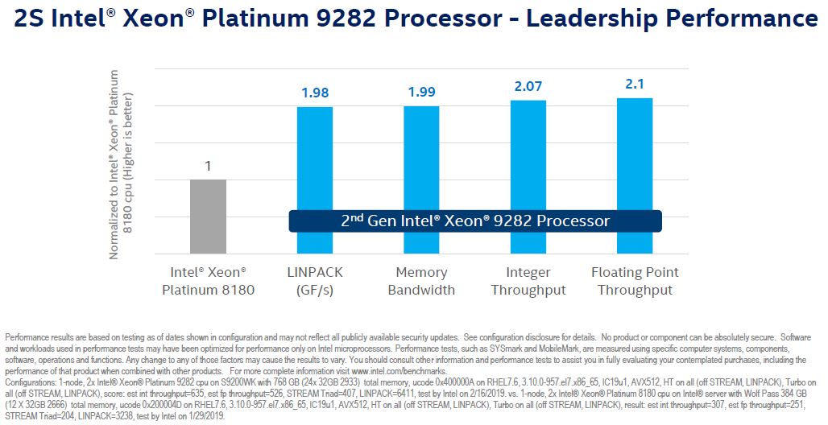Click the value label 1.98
pyautogui.click(x=315, y=93)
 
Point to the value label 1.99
pyautogui.click(x=421, y=93)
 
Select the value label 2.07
pyautogui.click(x=528, y=87)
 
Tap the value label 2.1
pyautogui.click(x=635, y=85)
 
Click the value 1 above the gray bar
pyautogui.click(x=208, y=167)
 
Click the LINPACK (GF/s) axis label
pyautogui.click(x=315, y=281)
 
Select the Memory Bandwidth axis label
pyautogui.click(x=421, y=281)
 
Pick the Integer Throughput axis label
pyautogui.click(x=528, y=281)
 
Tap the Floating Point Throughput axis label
pyautogui.click(x=635, y=281)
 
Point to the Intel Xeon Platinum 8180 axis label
pyautogui.click(x=208, y=281)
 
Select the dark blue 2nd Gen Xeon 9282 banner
pyautogui.click(x=475, y=221)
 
